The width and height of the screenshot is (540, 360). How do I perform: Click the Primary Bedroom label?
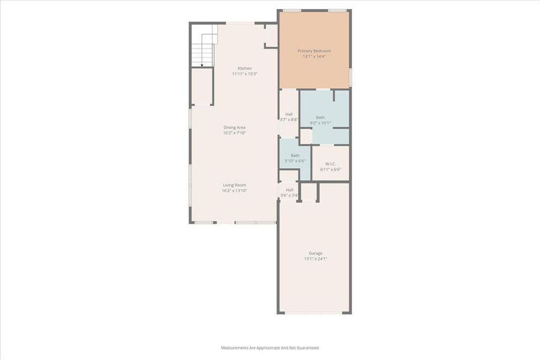pyautogui.click(x=314, y=51)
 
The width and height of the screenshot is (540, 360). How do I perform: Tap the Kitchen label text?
pyautogui.click(x=245, y=68)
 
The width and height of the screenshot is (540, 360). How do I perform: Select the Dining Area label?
pyautogui.click(x=235, y=127)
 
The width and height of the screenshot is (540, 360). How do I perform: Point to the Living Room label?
pyautogui.click(x=235, y=185)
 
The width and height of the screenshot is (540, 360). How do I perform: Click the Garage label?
pyautogui.click(x=315, y=253)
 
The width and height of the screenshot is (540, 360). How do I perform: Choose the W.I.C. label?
pyautogui.click(x=331, y=164)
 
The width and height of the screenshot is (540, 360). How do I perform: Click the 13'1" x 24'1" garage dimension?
pyautogui.click(x=315, y=259)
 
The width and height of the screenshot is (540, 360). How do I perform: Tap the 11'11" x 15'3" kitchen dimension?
pyautogui.click(x=245, y=74)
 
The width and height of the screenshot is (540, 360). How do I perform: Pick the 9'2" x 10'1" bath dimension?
pyautogui.click(x=320, y=123)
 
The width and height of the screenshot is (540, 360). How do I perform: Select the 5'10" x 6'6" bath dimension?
pyautogui.click(x=295, y=161)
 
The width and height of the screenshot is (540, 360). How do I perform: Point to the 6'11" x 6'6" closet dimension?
pyautogui.click(x=331, y=169)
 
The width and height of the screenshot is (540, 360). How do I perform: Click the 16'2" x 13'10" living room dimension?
pyautogui.click(x=235, y=190)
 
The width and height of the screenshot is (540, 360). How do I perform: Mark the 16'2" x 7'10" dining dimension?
pyautogui.click(x=235, y=133)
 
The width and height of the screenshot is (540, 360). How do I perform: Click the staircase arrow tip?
pyautogui.click(x=202, y=64)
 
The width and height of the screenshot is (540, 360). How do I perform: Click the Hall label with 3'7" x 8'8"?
pyautogui.click(x=289, y=114)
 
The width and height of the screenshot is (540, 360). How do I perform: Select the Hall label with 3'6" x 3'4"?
pyautogui.click(x=289, y=190)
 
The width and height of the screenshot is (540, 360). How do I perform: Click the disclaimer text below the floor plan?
pyautogui.click(x=270, y=348)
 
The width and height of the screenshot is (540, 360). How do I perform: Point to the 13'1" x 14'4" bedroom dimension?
pyautogui.click(x=314, y=56)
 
